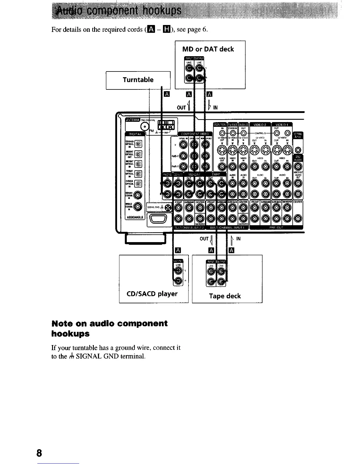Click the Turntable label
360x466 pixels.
[138, 80]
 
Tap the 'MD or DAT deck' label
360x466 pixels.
[208, 49]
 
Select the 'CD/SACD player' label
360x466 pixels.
[152, 294]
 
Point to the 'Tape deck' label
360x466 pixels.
[225, 296]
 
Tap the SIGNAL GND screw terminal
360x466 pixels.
[168, 207]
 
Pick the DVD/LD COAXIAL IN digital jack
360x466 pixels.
[138, 206]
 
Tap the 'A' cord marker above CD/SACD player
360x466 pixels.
[177, 250]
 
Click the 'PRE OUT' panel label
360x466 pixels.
[276, 227]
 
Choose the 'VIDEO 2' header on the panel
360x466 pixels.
[260, 124]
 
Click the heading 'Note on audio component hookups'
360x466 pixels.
[109, 329]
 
